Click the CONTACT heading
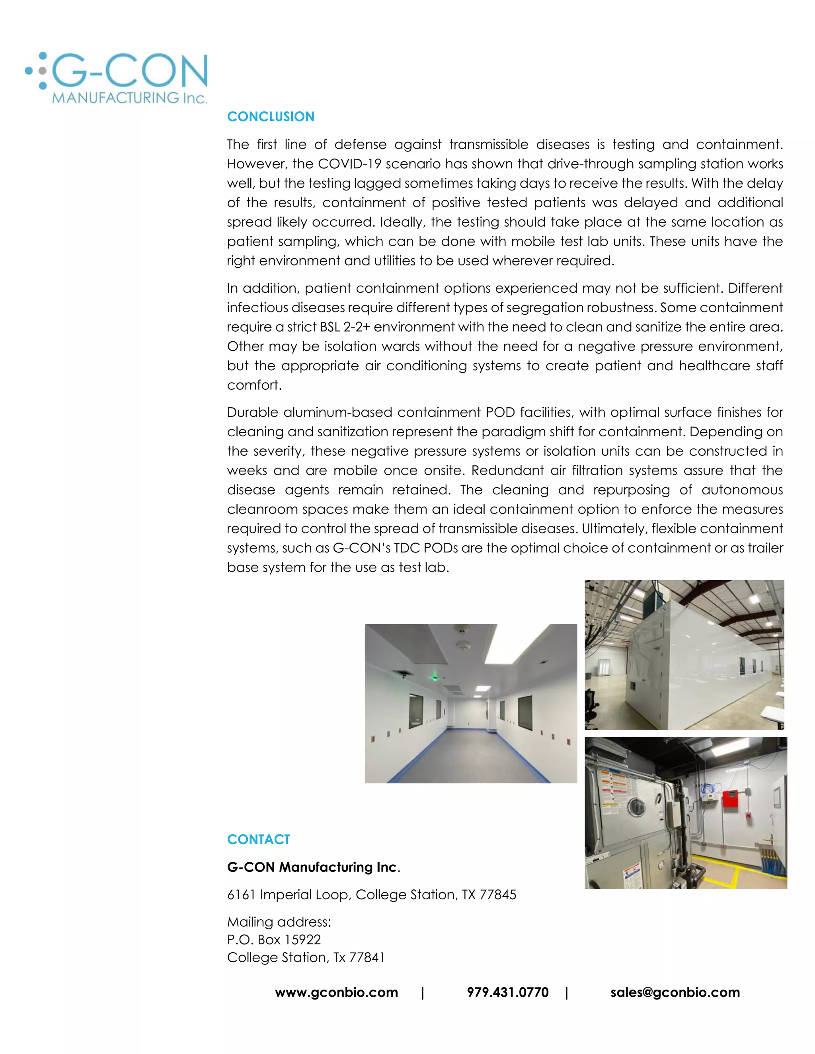click(258, 839)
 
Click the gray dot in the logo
click(43, 71)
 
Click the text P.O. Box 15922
click(274, 939)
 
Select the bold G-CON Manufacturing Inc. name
click(312, 867)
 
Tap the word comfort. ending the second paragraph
click(254, 385)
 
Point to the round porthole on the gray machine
click(636, 805)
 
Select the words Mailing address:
click(279, 922)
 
